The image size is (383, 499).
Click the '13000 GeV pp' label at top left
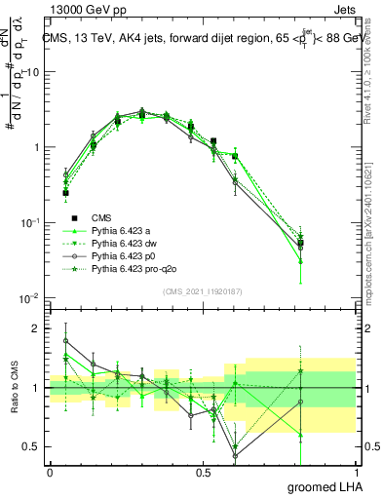point(80,9)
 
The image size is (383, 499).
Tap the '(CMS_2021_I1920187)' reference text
point(203,290)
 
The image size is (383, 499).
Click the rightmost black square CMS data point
point(327,243)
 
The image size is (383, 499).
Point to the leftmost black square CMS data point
point(65,193)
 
